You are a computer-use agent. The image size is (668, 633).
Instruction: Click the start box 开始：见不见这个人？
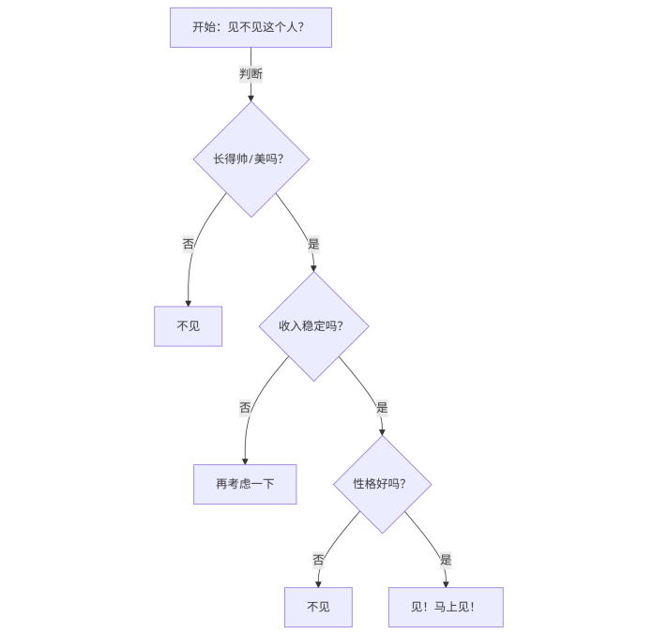coord(250,27)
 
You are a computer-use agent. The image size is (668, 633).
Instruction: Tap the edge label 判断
coord(250,73)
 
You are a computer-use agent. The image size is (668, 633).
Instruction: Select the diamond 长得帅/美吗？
coord(250,158)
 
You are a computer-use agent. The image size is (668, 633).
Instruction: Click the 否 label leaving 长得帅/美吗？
coord(189,244)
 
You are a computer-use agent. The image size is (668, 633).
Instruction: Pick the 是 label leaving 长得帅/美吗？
coord(313,244)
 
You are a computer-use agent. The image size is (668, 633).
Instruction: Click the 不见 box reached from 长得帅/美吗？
coord(188,326)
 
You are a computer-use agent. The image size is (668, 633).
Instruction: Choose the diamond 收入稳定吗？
coord(313,326)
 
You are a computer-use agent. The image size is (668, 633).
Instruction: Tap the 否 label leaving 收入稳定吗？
coord(245,408)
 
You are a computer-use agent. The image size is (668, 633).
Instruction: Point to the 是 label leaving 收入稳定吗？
coord(382,408)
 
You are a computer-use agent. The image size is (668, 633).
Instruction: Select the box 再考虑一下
coord(245,484)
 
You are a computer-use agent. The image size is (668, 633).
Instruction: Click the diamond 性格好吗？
coord(382,484)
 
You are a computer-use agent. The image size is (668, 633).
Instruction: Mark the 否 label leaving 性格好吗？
coord(319,560)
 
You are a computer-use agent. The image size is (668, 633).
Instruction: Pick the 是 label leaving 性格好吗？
coord(446,560)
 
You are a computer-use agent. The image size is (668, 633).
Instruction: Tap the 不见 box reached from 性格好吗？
coord(319,607)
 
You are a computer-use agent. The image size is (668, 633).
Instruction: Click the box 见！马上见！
coord(446,607)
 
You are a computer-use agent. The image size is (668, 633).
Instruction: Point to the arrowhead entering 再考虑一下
coord(245,460)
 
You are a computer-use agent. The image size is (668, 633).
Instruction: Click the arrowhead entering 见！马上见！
coord(446,583)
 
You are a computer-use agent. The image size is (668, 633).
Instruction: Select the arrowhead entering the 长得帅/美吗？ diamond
coord(250,98)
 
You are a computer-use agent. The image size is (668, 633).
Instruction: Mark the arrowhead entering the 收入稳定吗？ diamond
coord(313,268)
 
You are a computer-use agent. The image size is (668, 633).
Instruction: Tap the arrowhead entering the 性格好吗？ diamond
coord(382,432)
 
